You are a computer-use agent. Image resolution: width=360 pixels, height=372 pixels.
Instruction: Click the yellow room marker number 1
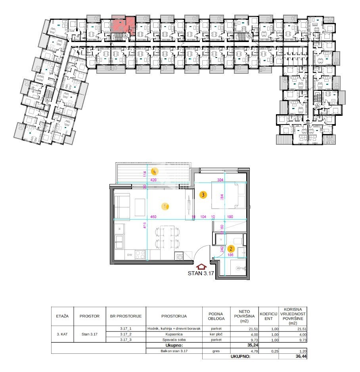coord(165,206)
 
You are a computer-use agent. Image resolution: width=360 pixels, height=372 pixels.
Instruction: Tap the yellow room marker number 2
coord(231,249)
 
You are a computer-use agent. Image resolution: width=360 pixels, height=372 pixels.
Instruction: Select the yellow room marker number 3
coord(203,195)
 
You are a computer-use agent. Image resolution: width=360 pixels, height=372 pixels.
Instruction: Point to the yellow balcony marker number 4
coord(155,172)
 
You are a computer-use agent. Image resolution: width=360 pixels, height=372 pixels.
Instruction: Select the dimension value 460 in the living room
coord(154,217)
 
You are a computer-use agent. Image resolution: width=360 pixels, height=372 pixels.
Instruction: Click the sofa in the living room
coord(122,205)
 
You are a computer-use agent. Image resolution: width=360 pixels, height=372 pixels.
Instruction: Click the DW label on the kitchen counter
coord(129,255)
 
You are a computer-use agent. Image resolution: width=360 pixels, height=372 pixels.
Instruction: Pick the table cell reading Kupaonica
coord(174,334)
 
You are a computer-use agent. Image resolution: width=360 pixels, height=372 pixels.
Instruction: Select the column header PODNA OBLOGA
coord(216,316)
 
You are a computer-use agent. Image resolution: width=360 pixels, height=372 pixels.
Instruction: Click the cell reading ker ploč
coord(216,334)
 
